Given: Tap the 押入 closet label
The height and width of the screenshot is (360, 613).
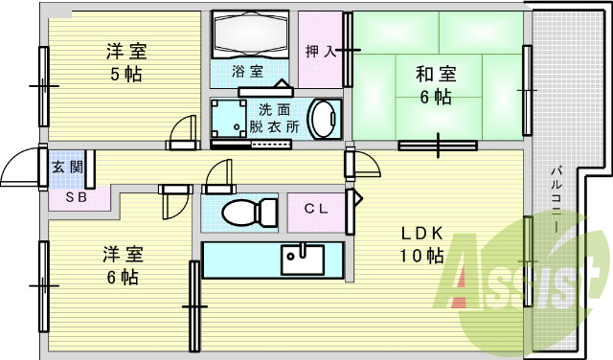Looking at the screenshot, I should (x=320, y=51).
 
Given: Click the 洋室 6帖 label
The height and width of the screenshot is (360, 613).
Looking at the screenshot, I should (x=123, y=265).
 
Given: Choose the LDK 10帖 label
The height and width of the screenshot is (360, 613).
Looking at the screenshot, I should (x=421, y=244).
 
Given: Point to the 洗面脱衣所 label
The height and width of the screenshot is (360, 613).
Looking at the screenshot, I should (x=274, y=117).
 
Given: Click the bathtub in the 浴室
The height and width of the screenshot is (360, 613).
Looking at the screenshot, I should (x=251, y=36).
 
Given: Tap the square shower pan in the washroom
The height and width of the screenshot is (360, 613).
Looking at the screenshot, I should (x=228, y=119).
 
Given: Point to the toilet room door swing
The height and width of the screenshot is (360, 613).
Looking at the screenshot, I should (x=218, y=176).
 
